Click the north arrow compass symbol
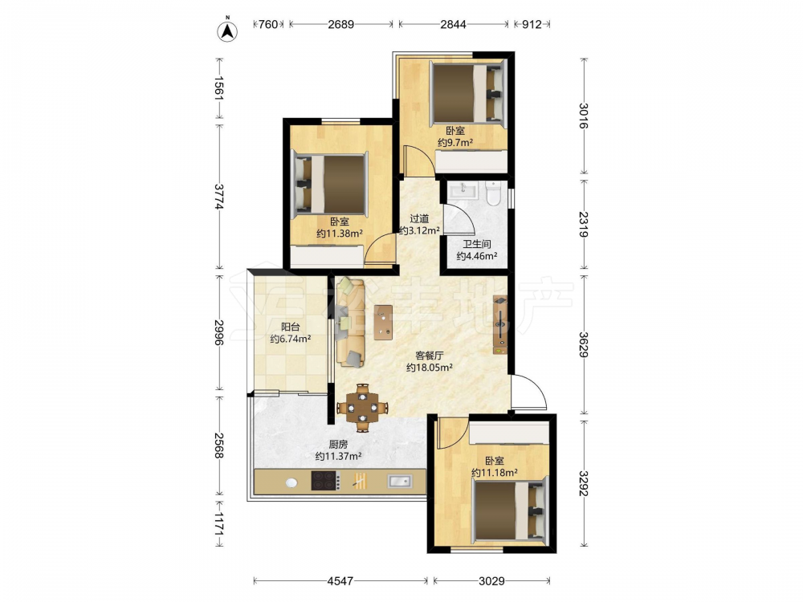pyautogui.click(x=227, y=31)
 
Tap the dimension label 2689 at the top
pyautogui.click(x=341, y=24)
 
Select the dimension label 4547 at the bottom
pyautogui.click(x=340, y=580)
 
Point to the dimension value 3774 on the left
pyautogui.click(x=220, y=197)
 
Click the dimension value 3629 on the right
pyautogui.click(x=583, y=344)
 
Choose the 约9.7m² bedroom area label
pyautogui.click(x=455, y=143)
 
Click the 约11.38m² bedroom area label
pyautogui.click(x=340, y=234)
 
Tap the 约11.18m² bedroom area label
pyautogui.click(x=494, y=473)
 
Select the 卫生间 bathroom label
pyautogui.click(x=477, y=244)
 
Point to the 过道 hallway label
pyautogui.click(x=419, y=219)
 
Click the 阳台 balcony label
pyautogui.click(x=291, y=327)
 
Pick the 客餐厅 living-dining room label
pyautogui.click(x=429, y=356)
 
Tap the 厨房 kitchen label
pyautogui.click(x=338, y=445)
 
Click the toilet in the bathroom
pyautogui.click(x=493, y=193)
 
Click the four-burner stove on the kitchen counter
pyautogui.click(x=326, y=481)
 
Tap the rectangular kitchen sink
pyautogui.click(x=400, y=481)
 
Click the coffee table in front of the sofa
pyautogui.click(x=383, y=323)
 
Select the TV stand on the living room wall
pyautogui.click(x=500, y=324)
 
